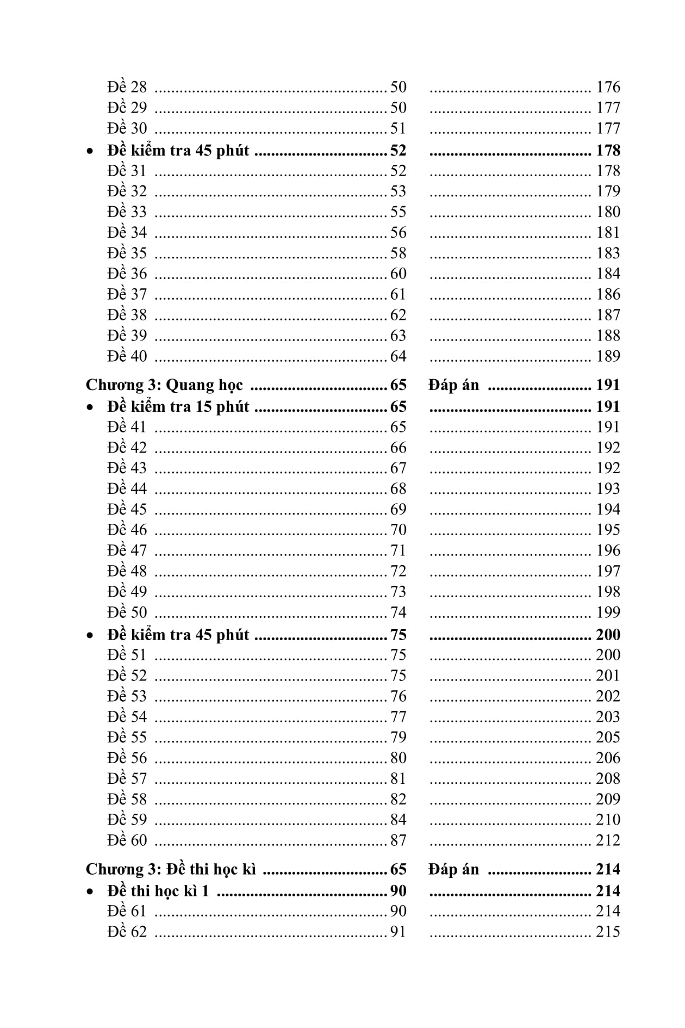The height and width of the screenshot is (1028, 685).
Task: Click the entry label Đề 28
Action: tap(127, 87)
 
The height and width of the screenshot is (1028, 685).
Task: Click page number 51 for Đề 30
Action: tap(398, 128)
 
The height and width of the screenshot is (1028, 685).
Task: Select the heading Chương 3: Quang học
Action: tap(164, 385)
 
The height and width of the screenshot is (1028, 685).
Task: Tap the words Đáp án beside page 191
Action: tap(453, 385)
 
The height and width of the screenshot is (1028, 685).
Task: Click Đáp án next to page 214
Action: tap(453, 869)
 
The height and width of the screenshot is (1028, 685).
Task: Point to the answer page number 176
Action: tap(608, 87)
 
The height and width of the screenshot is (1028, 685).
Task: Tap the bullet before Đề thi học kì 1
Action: tap(90, 891)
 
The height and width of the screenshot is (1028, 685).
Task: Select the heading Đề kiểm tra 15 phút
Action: tap(178, 407)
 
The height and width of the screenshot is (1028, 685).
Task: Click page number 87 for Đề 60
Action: tap(398, 840)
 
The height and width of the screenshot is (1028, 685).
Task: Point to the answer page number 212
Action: tap(608, 840)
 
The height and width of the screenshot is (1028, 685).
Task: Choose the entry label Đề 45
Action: tap(127, 509)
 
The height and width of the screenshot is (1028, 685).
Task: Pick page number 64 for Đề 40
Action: tap(398, 356)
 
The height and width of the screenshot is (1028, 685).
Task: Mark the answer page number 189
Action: tap(608, 356)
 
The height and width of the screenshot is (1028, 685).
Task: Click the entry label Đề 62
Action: tap(127, 932)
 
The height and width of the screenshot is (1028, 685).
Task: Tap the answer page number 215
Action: tap(608, 932)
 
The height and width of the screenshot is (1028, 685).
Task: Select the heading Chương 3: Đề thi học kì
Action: tap(171, 869)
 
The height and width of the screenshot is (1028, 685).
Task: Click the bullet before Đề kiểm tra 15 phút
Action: tap(90, 407)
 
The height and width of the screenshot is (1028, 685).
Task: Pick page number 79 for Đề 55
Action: tap(398, 737)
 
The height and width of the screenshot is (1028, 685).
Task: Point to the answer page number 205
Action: tap(608, 737)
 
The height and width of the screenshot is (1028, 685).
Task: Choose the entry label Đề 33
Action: tap(127, 212)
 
